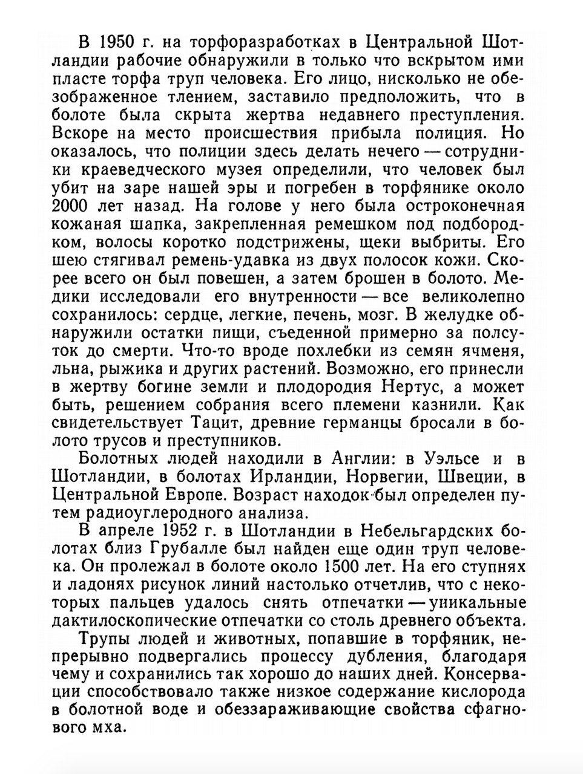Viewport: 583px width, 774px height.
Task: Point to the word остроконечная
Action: pos(461,205)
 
